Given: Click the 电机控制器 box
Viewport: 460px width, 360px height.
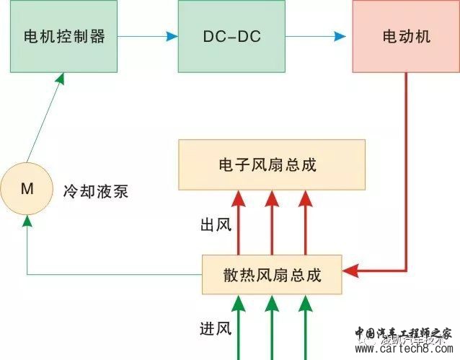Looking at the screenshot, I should pos(64,36).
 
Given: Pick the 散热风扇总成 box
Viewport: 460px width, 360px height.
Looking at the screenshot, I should pos(271,275).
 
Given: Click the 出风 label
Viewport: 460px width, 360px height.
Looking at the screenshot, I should pos(215,225).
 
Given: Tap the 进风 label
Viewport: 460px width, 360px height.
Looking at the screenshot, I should pos(215,329).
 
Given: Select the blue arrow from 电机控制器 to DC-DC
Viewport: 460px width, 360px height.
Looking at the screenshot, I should pos(147,36).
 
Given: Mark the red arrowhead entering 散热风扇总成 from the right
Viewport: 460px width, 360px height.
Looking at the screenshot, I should pos(350,271).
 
